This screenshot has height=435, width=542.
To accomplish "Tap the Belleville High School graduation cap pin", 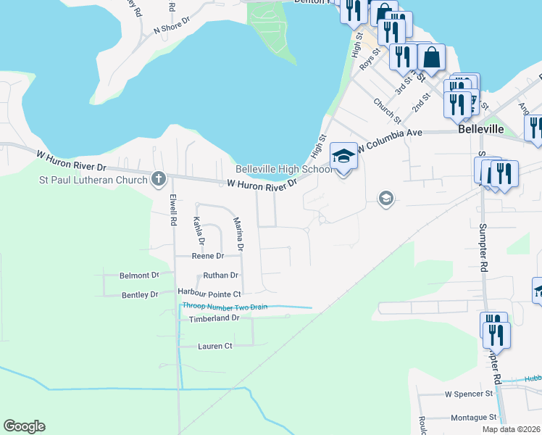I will pos(343,157).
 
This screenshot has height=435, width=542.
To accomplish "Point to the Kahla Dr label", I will pos(201,231).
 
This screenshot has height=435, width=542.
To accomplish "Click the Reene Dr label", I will pos(207,256).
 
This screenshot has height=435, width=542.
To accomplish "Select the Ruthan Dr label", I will pos(220,275).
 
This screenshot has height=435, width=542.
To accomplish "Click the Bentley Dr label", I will pos(140,294).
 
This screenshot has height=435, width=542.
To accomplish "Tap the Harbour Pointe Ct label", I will pos(209,294).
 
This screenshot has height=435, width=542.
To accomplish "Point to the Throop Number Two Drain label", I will pos(225,307).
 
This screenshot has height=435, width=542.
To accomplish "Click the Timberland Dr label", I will pos(214,318).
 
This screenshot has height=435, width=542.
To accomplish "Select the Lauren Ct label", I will pos(214,346).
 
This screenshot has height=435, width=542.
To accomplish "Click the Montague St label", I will pos(473,417).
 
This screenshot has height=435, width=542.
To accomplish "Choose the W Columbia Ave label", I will pos(388,138).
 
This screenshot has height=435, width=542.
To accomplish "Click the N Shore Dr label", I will pos(171,30).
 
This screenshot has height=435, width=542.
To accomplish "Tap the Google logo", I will pos(24,426).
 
